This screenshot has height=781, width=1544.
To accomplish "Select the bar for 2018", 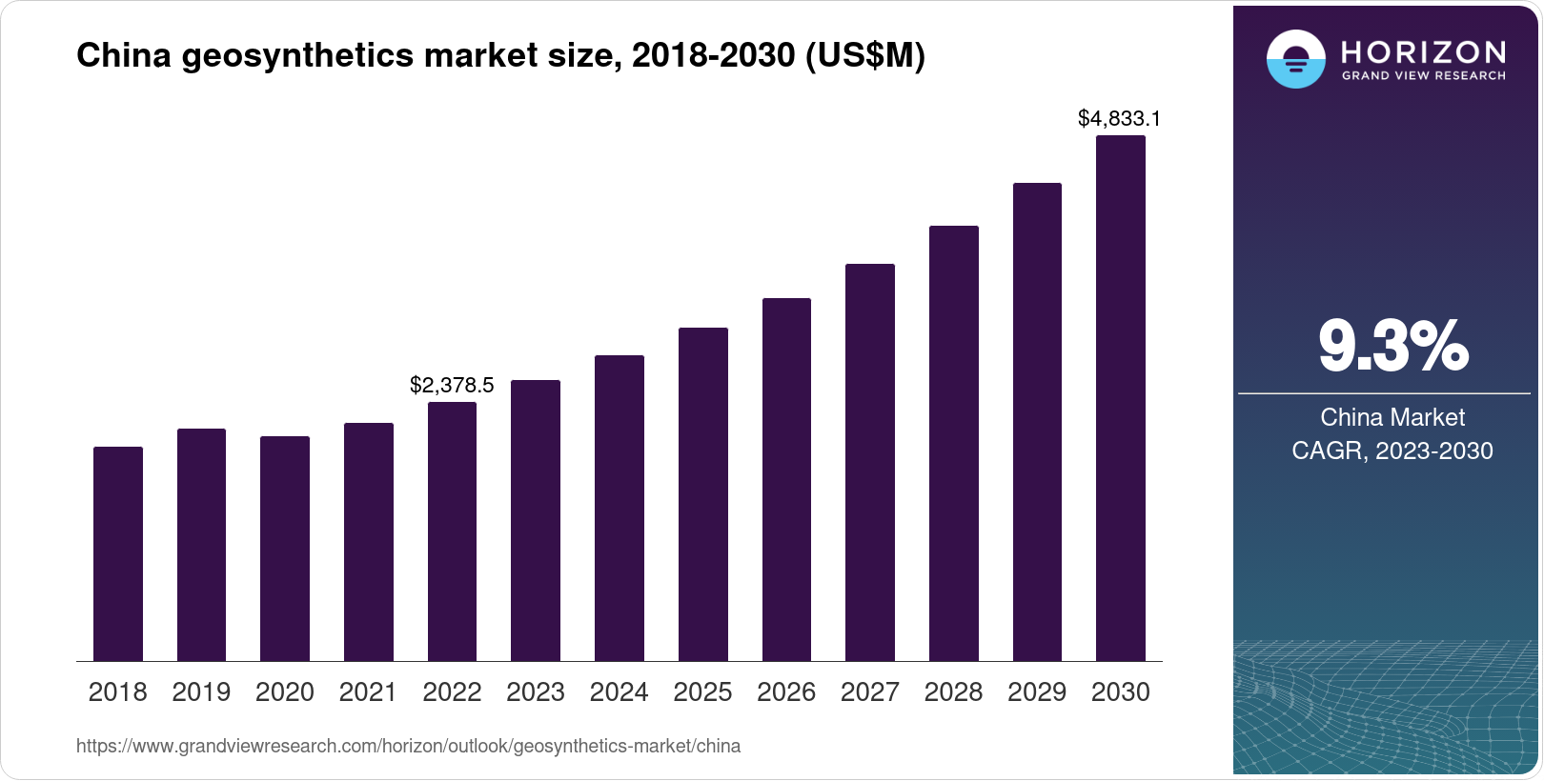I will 118,554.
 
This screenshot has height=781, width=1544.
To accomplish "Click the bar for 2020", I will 285,549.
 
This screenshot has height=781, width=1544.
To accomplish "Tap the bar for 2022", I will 452,531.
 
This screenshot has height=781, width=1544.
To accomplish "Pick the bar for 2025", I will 702,494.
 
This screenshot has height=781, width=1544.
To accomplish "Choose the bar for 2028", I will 953,444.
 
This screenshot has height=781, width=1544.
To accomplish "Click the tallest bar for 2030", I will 1121,398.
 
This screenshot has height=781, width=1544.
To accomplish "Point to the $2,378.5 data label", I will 452,385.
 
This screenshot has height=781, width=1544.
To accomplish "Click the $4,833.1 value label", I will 1119,118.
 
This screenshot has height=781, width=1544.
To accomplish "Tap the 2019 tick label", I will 201,692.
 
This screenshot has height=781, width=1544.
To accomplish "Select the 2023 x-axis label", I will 536,692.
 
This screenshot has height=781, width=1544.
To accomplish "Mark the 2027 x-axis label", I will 869,692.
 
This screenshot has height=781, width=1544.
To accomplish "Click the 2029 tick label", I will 1037,692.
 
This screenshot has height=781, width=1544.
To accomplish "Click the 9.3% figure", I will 1392,347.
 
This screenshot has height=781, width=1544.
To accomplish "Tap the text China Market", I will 1392,417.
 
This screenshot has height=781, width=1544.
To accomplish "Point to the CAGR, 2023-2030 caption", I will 1392,451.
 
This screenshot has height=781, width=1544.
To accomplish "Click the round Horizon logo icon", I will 1295,59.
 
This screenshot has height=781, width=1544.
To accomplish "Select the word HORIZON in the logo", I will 1423,51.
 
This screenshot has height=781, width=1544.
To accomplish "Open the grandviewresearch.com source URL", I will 408,746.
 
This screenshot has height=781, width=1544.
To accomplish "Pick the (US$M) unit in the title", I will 865,55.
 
